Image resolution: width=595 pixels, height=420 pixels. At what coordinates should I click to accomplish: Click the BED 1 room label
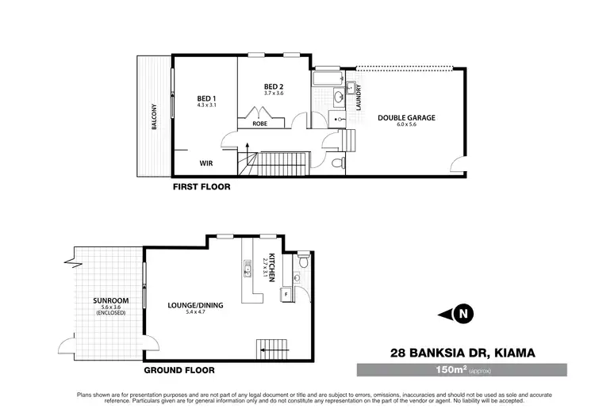(206, 97)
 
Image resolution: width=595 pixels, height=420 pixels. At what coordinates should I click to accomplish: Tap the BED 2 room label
(274, 86)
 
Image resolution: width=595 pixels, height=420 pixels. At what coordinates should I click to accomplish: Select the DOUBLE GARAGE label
(406, 118)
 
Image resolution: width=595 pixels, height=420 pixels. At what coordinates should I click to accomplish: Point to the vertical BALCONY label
(155, 120)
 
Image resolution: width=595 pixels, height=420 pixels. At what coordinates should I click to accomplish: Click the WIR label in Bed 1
(206, 162)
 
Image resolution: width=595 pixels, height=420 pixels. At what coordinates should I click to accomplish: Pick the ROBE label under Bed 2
(259, 124)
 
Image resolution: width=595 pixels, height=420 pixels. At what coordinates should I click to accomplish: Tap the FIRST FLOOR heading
(202, 188)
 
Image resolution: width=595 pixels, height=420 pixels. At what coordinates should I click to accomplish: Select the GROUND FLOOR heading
(179, 370)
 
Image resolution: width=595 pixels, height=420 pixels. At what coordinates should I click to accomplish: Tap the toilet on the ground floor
(301, 262)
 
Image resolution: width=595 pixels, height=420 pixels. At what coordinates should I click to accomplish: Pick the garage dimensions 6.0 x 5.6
(406, 125)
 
